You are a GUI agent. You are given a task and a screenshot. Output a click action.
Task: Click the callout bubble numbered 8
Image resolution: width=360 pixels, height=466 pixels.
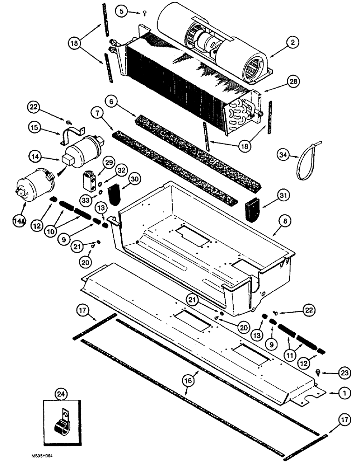pos(281,229)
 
